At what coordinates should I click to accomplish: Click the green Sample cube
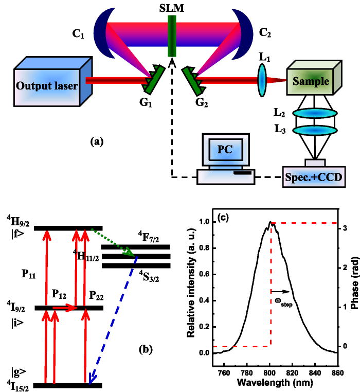[308, 80]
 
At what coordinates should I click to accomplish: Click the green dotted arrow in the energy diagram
[113, 242]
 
